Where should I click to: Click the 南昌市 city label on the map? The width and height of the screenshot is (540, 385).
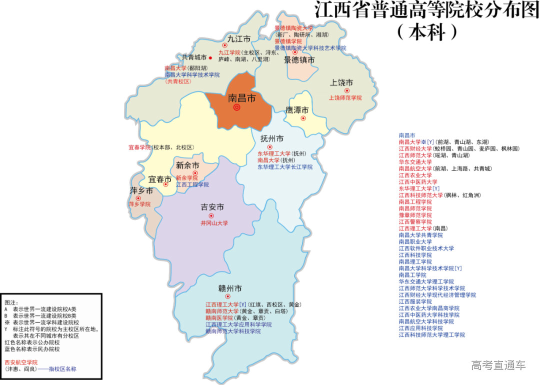point(241,98)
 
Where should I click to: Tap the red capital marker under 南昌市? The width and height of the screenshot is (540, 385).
point(237,107)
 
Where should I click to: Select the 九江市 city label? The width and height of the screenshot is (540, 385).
point(238,38)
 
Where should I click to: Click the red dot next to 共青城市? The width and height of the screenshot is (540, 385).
point(210,58)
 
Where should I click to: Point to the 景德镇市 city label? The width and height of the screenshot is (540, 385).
point(299,60)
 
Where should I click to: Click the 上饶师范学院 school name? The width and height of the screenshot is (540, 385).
point(345,98)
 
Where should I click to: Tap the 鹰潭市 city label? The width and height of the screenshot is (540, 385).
point(297,110)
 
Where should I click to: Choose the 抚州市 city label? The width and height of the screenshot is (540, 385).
point(272,138)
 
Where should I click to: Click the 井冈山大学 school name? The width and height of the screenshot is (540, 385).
point(214,223)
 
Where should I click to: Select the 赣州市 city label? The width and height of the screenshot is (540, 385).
point(230,288)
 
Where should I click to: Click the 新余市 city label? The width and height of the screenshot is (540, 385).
point(187,165)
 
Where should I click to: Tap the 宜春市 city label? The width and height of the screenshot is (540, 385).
point(160,179)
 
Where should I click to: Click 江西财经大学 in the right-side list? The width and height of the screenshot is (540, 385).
point(415,149)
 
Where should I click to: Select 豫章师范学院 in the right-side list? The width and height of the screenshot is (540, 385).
point(415,215)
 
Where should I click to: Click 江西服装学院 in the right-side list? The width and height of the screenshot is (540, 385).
point(415,301)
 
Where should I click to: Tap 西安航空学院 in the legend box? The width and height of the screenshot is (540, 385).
point(21,362)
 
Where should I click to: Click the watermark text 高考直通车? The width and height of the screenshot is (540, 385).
point(498,365)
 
